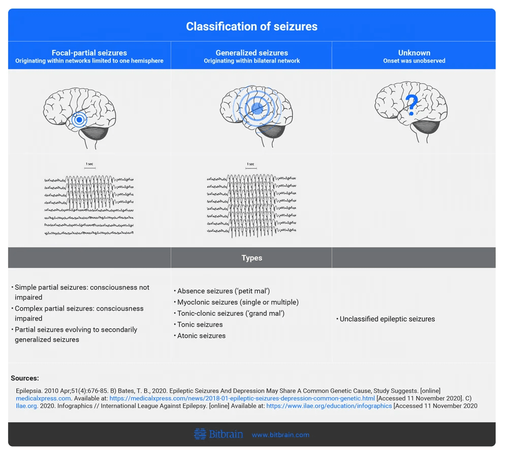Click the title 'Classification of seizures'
pyautogui.click(x=252, y=26)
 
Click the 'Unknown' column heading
pyautogui.click(x=414, y=53)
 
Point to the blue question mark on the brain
pyautogui.click(x=411, y=105)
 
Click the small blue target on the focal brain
pyautogui.click(x=79, y=119)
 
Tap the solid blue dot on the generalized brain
pyautogui.click(x=257, y=109)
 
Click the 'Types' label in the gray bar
pyautogui.click(x=252, y=258)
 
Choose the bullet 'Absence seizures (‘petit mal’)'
pyautogui.click(x=222, y=291)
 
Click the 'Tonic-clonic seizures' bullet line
pyautogui.click(x=229, y=314)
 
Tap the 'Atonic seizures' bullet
pyautogui.click(x=200, y=336)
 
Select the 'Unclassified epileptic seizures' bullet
pyautogui.click(x=386, y=319)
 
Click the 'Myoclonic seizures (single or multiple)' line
pyautogui.click(x=236, y=302)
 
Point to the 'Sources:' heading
pyautogui.click(x=24, y=378)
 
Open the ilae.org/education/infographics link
pyautogui.click(x=329, y=406)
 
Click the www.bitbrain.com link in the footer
pyautogui.click(x=280, y=435)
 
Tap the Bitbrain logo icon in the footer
pyautogui.click(x=200, y=434)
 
